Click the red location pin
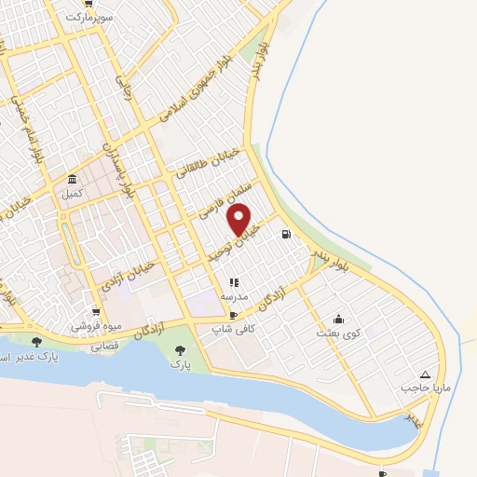tap(240, 220)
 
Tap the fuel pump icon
tap(284, 234)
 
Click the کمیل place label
tap(72, 194)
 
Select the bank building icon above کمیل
tap(72, 180)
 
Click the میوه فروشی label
tap(94, 327)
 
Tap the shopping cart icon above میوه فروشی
tap(95, 312)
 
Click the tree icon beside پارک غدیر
tap(36, 342)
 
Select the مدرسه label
tap(233, 295)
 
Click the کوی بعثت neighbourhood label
tap(336, 333)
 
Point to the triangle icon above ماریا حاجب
tap(426, 373)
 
